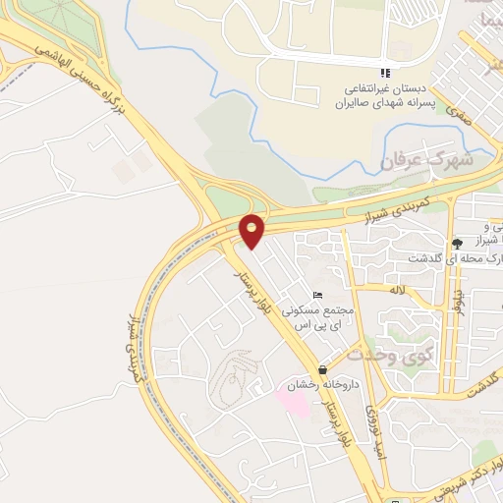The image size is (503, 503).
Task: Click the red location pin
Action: [252, 230]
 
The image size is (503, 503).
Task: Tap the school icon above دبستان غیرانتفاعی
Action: [387, 73]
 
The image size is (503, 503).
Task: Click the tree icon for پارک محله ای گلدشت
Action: [456, 243]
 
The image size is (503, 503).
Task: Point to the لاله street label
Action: [397, 292]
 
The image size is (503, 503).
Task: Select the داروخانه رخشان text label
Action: [324, 384]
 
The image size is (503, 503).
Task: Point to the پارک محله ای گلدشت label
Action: [455, 258]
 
